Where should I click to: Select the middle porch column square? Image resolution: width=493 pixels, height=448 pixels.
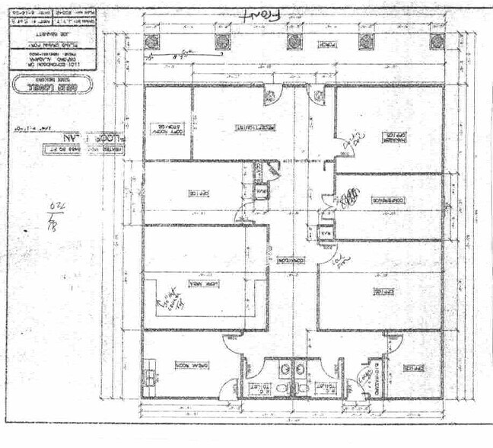pyautogui.click(x=294, y=42)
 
